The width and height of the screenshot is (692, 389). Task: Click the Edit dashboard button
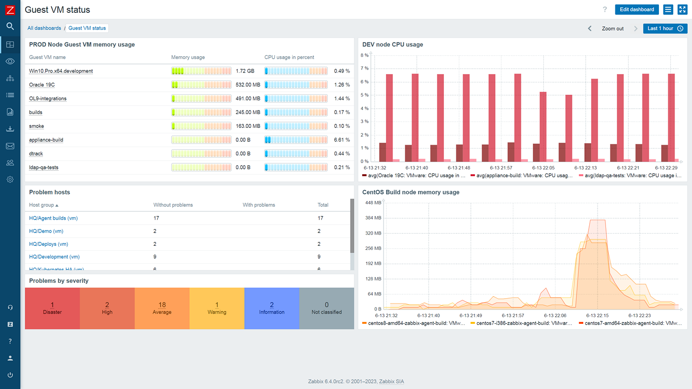coord(637,9)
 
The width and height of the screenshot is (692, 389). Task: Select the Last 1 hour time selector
coord(665,29)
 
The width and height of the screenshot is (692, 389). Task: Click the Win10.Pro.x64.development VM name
coord(61,71)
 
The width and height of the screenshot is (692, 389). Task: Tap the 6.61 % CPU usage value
coord(342,140)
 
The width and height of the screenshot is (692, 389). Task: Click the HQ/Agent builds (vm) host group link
coord(53,218)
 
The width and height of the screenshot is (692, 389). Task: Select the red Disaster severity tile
coord(52,309)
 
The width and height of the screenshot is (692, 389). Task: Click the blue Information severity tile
coord(271,309)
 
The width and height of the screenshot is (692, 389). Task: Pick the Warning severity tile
coord(216,309)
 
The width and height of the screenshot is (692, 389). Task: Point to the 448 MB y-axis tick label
coord(373,203)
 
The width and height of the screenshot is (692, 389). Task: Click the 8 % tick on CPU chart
coord(365,55)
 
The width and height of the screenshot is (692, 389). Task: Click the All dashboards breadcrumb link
coord(44,28)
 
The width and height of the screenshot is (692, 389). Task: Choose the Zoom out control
coord(612,29)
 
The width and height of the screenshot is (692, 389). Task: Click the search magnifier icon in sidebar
coord(10,26)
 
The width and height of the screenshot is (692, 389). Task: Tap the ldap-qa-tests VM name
coord(43,168)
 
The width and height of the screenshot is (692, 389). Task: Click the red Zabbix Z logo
coord(10,10)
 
